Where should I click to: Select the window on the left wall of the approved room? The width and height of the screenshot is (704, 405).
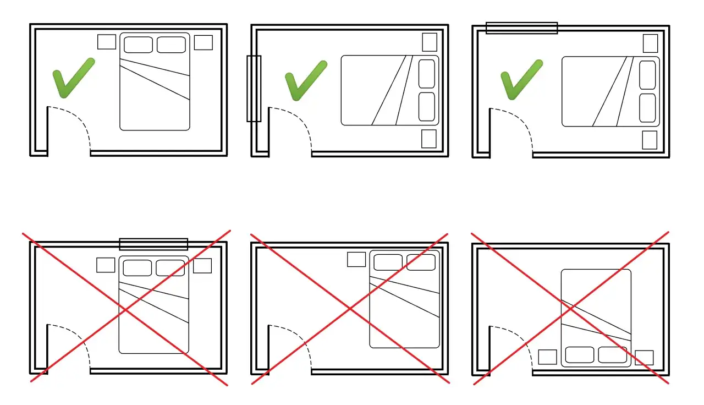[254, 88]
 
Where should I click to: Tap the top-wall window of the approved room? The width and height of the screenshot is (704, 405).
[521, 28]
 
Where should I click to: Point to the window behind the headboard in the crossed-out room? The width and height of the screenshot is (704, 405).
[153, 244]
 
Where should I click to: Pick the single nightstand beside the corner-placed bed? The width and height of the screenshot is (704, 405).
[356, 260]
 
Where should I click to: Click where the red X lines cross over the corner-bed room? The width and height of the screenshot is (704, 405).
[350, 309]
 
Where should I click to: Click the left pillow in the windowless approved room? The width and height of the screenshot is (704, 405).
[138, 45]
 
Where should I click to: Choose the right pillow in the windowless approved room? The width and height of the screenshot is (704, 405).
[171, 45]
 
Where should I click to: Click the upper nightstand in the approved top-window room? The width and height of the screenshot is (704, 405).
[650, 43]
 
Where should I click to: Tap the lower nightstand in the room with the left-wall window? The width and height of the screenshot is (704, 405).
[428, 139]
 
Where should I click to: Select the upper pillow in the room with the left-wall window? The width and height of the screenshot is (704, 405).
[427, 74]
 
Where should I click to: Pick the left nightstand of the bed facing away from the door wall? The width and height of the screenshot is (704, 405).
[547, 357]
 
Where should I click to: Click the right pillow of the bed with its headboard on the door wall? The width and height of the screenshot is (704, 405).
[613, 355]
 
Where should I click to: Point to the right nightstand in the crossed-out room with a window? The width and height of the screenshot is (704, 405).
[202, 266]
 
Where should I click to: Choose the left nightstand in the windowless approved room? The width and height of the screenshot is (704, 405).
[107, 42]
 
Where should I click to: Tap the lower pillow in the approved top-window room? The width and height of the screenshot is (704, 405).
[647, 108]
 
